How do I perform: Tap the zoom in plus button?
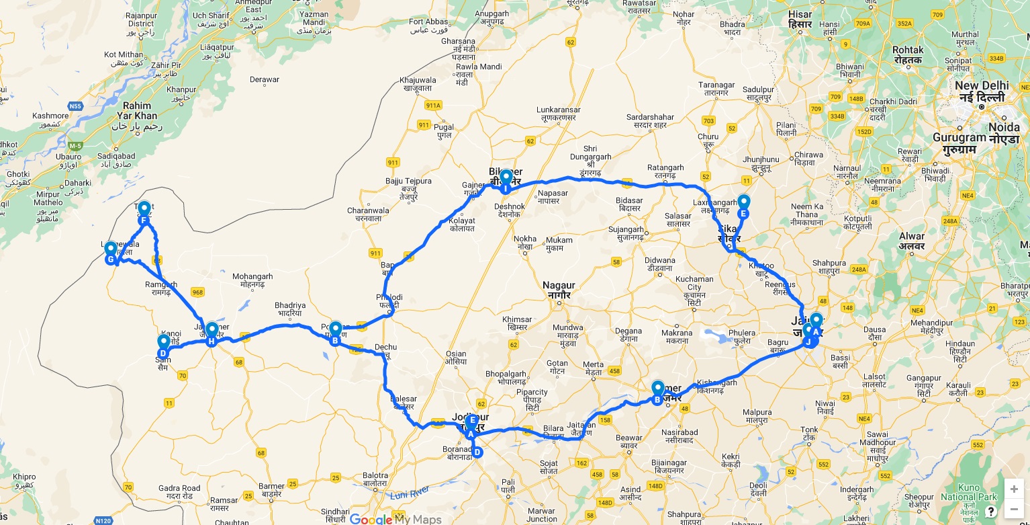click(1014, 489)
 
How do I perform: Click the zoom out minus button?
click(1014, 508)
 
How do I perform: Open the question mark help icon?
click(990, 511)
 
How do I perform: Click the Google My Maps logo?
click(395, 519)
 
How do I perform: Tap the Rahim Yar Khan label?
click(140, 116)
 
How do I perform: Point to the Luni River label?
click(410, 493)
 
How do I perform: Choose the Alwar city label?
click(912, 241)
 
